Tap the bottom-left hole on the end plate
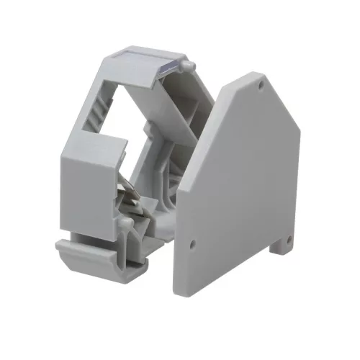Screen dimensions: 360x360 [x=192, y=245]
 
